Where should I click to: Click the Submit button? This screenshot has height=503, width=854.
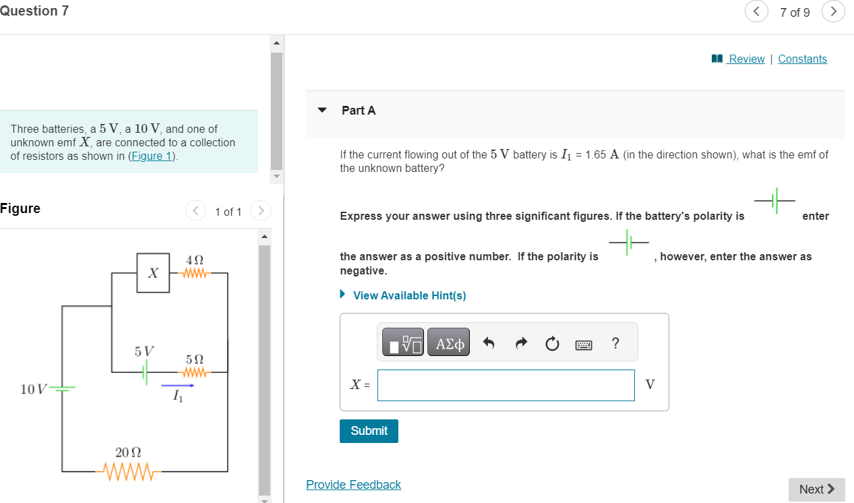(x=369, y=431)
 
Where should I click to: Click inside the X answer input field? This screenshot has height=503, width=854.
(x=506, y=385)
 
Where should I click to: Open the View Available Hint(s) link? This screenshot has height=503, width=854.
(x=409, y=295)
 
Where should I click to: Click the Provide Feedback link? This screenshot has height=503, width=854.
(x=353, y=484)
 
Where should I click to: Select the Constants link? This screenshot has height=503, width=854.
(x=802, y=59)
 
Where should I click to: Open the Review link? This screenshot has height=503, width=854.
(x=746, y=59)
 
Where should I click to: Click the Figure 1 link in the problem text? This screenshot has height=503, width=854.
(x=152, y=156)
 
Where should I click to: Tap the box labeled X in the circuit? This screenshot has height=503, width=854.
(x=153, y=272)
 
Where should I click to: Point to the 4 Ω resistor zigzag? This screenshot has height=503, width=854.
(x=195, y=273)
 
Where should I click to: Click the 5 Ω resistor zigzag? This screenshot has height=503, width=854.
(x=195, y=372)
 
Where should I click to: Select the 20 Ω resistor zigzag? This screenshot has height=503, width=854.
(x=129, y=472)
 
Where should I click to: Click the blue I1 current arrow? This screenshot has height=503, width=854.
(x=178, y=386)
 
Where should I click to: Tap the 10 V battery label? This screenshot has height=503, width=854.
(x=34, y=389)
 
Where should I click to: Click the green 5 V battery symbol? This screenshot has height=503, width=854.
(x=146, y=372)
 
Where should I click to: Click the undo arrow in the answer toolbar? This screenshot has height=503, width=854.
(x=489, y=343)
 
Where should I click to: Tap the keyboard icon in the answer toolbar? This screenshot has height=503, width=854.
(x=583, y=345)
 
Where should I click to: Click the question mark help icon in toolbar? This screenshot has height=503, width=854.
(x=615, y=343)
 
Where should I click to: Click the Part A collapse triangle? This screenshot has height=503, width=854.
(x=322, y=110)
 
